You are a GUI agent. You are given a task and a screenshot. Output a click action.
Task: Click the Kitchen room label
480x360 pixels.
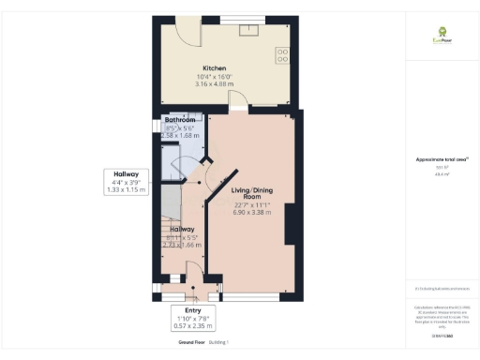coord(216,68)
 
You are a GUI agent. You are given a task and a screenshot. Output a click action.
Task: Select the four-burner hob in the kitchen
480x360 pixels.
coord(281,55)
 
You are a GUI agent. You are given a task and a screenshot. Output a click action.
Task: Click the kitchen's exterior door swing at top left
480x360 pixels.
coord(188,32)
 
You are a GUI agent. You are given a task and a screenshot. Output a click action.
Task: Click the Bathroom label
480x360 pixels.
coord(179,121)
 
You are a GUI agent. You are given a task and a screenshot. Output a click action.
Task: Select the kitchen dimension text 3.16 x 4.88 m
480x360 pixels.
coord(216,84)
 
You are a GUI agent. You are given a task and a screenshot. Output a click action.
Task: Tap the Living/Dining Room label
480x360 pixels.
coord(251,194)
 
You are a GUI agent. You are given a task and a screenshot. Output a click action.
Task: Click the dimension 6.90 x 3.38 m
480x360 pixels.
coord(251,213)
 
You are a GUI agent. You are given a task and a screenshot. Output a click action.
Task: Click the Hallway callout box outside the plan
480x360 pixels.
coord(127,182)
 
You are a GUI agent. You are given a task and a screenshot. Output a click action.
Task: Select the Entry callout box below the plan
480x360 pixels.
coord(193,318)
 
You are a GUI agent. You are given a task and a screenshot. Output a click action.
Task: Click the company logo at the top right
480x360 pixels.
coord(438,37)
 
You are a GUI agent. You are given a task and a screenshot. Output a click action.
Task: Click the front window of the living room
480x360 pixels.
coord(257,297)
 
